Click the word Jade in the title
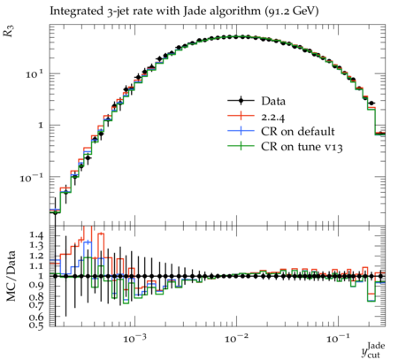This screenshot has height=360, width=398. (194, 11)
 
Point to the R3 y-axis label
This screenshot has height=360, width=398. (9, 31)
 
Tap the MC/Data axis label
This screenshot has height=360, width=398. (11, 276)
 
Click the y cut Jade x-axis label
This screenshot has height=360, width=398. (373, 350)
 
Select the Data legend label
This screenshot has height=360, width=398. (273, 101)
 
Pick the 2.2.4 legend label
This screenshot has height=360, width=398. (273, 118)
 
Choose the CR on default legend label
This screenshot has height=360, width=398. (298, 132)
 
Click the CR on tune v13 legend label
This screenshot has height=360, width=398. (302, 147)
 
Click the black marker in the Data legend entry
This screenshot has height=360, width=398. (241, 101)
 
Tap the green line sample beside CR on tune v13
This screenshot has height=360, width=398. (241, 146)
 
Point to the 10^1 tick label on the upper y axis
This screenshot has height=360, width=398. (34, 73)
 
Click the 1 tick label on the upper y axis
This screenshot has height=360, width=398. (40, 126)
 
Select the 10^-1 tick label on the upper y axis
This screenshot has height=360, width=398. (31, 177)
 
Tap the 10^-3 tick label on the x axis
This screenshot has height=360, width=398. (134, 339)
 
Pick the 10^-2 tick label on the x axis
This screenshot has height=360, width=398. (236, 339)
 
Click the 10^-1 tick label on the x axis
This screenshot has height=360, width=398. (338, 339)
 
